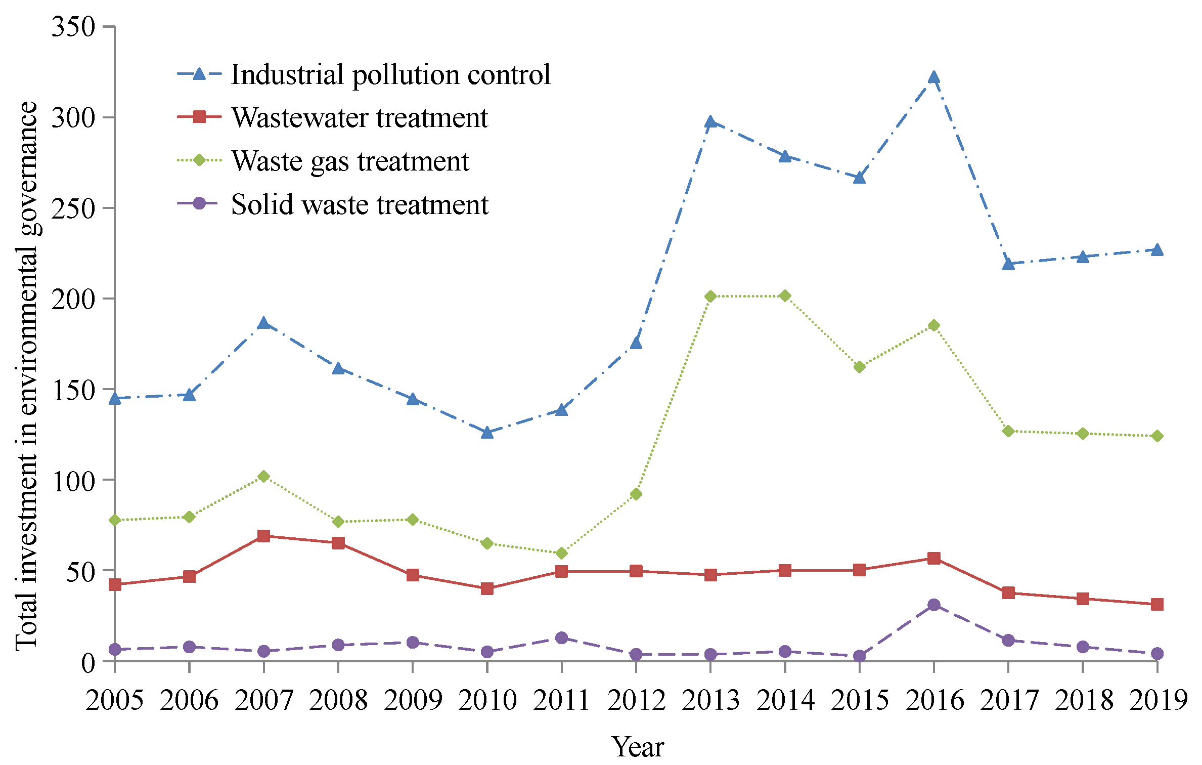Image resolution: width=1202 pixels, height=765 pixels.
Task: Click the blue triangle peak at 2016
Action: point(933,77)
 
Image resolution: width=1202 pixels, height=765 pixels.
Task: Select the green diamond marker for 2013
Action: point(710,296)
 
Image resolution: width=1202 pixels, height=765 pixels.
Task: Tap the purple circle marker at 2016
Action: point(933,605)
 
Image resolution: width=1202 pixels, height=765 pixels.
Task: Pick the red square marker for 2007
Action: point(263,536)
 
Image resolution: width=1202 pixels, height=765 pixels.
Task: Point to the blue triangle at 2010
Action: point(487,433)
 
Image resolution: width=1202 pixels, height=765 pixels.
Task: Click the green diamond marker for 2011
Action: point(561,554)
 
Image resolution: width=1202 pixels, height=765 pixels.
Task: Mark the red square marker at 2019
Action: point(1157,605)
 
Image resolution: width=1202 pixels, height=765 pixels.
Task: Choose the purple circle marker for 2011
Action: point(561,637)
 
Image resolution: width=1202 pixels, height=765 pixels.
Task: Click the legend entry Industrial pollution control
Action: point(390,75)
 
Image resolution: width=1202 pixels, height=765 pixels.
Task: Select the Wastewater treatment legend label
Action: point(360,118)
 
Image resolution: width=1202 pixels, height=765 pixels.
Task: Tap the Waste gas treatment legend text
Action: point(350,161)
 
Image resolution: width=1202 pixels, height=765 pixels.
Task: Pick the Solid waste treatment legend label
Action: point(360,205)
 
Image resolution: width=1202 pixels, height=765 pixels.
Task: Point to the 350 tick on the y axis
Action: point(74,26)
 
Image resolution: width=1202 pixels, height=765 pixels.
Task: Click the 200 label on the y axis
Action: point(74,299)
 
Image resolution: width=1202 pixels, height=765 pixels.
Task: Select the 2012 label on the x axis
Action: point(636,701)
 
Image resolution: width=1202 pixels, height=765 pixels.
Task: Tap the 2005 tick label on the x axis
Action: point(115,701)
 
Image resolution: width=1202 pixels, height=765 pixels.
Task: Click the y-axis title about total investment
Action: point(26,376)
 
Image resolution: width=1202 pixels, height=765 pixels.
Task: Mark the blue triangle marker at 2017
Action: point(1008,264)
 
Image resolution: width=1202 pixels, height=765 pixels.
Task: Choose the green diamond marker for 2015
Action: point(859,367)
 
